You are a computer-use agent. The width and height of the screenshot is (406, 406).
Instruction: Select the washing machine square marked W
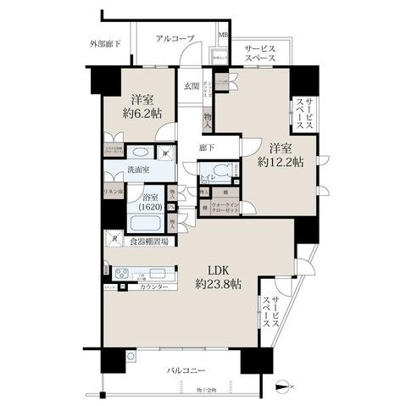point(167,154)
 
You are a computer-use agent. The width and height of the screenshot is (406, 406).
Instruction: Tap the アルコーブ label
point(175,39)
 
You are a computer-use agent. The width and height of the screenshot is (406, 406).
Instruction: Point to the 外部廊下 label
point(105,42)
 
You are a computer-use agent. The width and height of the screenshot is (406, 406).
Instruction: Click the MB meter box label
point(223,36)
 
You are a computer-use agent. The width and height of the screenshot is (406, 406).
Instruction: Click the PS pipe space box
point(170,208)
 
